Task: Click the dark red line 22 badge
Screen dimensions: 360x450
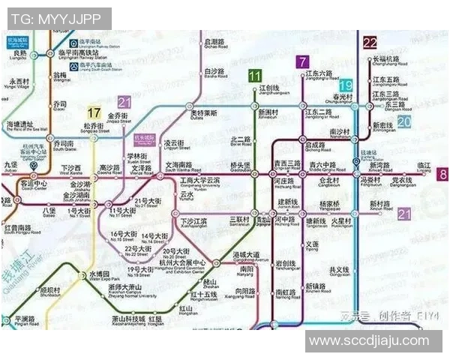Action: pos(370,43)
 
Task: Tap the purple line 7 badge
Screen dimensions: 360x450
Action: pos(302,62)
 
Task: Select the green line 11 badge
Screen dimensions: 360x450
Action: pos(255,75)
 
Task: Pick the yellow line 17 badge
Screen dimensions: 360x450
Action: pos(94,113)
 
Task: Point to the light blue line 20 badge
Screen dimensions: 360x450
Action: pos(404,121)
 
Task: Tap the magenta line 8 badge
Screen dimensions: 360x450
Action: pos(443,175)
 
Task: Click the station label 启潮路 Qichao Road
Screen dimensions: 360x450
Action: pos(215,44)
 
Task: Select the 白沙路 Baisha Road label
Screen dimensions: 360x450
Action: pos(214,73)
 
